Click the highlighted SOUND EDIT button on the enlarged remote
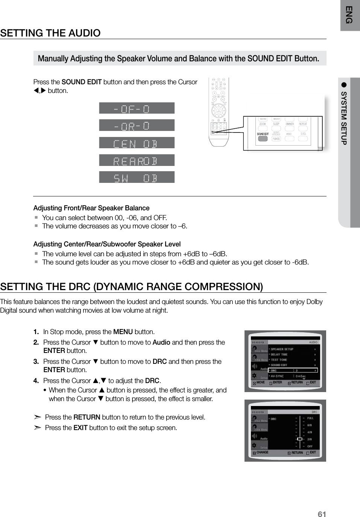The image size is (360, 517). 263,134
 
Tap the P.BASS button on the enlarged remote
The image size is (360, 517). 276,139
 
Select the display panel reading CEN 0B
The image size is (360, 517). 137,143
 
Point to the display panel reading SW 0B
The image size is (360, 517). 137,177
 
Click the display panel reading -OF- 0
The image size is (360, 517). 137,108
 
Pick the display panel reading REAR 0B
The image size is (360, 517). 137,160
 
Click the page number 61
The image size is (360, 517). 322,514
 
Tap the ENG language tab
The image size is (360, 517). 349,15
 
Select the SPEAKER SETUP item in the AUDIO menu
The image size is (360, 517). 282,349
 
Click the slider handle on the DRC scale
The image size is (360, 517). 299,439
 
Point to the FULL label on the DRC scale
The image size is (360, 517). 310,418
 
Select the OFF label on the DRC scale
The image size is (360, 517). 310,446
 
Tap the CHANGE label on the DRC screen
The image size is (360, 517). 262,452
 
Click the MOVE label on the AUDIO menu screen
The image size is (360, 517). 260,382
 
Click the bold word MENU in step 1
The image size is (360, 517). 123,332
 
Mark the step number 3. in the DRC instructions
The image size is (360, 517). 36,362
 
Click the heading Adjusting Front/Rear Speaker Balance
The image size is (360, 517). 91,208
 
